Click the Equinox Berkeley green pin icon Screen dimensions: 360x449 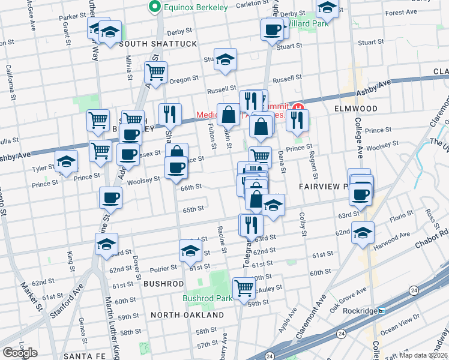[155, 8]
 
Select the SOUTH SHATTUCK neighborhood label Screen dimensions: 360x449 [158, 44]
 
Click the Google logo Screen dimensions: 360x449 [20, 352]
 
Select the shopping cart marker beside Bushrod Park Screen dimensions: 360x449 [244, 289]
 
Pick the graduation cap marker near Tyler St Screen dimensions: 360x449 [66, 161]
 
